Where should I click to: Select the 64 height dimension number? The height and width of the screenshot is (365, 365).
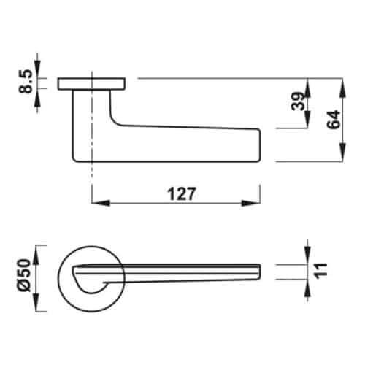[333, 120]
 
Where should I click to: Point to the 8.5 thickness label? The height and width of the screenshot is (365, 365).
[27, 82]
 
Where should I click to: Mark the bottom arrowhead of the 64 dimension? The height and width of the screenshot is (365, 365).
[341, 156]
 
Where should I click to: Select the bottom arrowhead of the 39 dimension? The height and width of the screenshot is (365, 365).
[310, 125]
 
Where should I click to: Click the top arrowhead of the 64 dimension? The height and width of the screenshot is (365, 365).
[341, 82]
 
